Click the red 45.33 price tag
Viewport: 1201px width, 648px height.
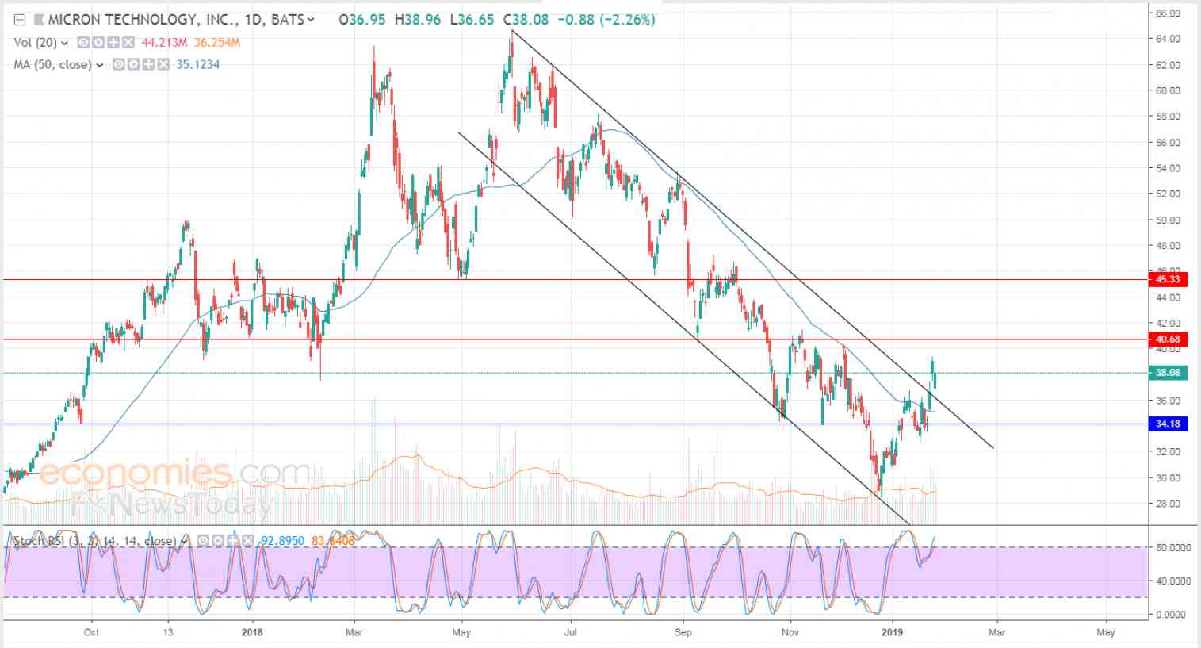(x=1168, y=279)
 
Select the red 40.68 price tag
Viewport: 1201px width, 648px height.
(x=1168, y=339)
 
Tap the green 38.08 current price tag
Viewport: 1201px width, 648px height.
(x=1168, y=373)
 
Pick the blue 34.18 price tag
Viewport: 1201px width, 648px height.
(x=1168, y=424)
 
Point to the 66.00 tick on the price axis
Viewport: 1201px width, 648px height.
(x=1168, y=13)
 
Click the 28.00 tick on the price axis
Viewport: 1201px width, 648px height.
(x=1168, y=504)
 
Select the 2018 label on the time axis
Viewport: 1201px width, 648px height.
(x=252, y=632)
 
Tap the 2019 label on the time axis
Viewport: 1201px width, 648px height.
(x=893, y=632)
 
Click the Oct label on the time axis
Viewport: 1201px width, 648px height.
(x=91, y=632)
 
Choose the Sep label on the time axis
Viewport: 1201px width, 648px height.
(x=683, y=632)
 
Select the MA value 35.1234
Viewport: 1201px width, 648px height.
(x=197, y=65)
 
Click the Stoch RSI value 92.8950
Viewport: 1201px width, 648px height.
(x=283, y=541)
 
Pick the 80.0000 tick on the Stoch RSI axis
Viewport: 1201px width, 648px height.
(x=1169, y=547)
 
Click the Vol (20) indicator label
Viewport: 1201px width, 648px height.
(x=35, y=43)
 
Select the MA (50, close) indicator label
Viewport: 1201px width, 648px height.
(x=52, y=65)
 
